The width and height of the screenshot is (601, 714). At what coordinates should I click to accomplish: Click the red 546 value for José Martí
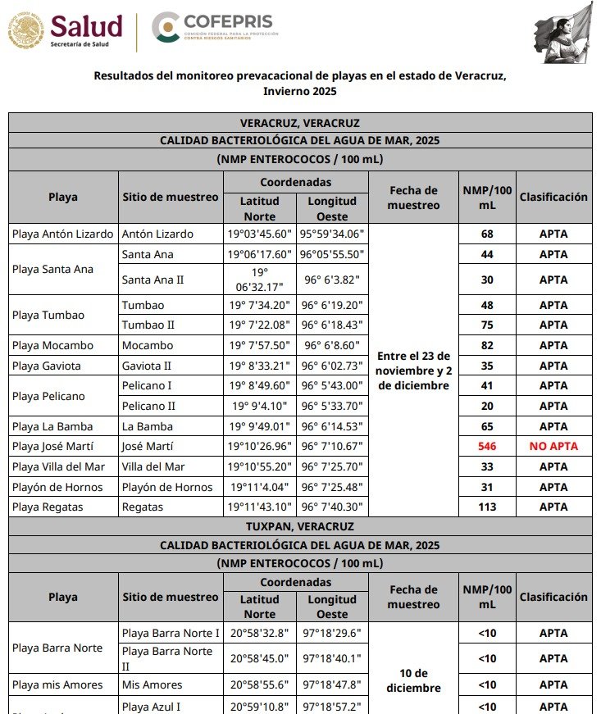click(487, 447)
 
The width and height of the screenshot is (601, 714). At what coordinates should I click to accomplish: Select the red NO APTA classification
click(553, 447)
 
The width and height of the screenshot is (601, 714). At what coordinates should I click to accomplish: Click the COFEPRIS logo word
click(230, 21)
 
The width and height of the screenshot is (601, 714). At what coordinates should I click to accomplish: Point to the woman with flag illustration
click(564, 31)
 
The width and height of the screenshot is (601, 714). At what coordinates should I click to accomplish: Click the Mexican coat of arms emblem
click(25, 31)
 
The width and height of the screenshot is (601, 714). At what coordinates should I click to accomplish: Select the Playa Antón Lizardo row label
click(63, 234)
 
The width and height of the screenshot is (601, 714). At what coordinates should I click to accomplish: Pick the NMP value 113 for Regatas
click(487, 507)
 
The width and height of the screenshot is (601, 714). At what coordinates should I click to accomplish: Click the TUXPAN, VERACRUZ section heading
click(300, 526)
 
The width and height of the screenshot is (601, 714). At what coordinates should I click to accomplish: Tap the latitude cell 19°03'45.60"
click(260, 234)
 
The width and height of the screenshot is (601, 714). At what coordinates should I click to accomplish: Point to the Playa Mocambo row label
click(52, 345)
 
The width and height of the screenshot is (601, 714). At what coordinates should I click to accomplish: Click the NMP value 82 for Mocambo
click(487, 345)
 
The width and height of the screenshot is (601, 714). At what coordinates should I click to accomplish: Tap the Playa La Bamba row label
click(52, 426)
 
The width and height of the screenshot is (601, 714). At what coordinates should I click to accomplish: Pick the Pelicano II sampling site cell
click(148, 406)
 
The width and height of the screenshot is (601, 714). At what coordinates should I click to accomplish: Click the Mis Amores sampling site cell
click(152, 685)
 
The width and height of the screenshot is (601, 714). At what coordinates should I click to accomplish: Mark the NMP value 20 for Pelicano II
click(487, 406)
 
